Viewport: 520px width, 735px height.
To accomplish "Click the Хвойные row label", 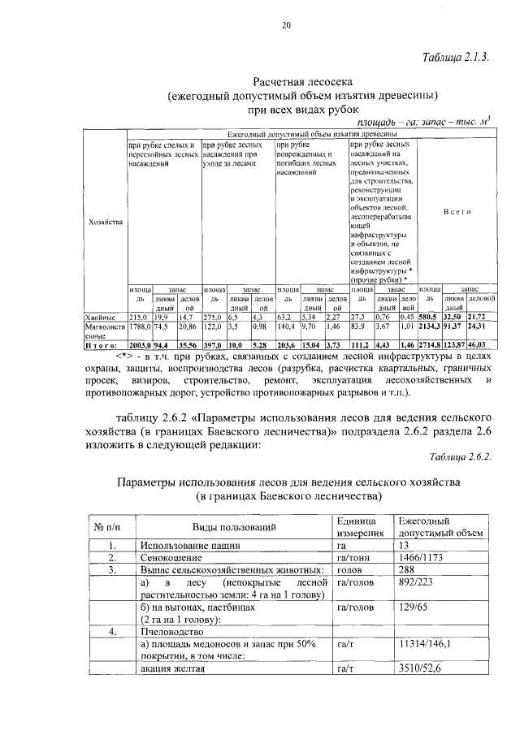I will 102,316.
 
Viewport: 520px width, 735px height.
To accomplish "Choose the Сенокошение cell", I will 171,558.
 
